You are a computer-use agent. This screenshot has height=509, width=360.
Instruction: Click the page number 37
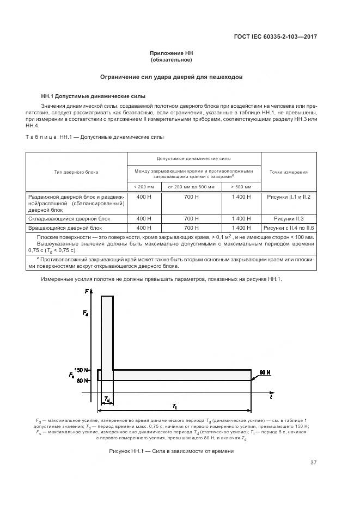tap(313, 463)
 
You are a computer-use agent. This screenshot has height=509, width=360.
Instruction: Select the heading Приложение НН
tap(172, 53)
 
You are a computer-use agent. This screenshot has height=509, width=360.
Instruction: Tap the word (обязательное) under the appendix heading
tap(172, 60)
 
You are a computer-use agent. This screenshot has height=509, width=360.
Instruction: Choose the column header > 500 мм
tap(241, 187)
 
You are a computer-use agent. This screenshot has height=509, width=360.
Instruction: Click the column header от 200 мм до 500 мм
tap(192, 187)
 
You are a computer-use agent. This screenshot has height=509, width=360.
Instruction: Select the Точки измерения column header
tap(289, 172)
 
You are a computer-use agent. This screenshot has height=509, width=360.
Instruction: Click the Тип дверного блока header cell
tap(76, 172)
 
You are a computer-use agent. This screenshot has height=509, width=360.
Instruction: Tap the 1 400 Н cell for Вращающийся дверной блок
tap(241, 228)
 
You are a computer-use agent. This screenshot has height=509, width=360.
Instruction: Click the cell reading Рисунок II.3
tap(289, 218)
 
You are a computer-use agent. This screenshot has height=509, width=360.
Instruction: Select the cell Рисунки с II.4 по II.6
tap(289, 228)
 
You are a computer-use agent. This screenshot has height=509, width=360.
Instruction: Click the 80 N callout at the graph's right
tap(266, 372)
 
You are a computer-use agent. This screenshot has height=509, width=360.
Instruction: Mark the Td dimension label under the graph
tap(107, 400)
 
